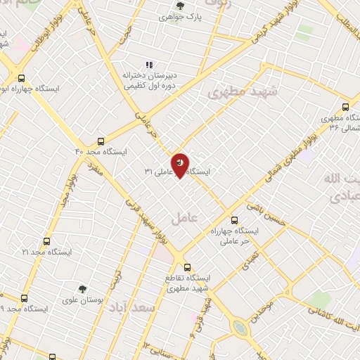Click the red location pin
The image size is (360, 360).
(x=181, y=164)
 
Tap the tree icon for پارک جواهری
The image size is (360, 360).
(x=180, y=6)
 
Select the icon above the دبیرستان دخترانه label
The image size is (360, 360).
(x=149, y=64)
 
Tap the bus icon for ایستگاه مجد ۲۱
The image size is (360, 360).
(x=47, y=241)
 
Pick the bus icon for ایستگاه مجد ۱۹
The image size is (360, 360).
(x=25, y=298)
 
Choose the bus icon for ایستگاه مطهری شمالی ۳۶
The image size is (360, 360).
(x=345, y=107)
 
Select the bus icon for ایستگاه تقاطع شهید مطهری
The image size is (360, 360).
(x=187, y=266)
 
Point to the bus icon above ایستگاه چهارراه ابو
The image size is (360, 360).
(x=21, y=79)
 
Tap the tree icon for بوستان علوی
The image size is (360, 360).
(x=82, y=289)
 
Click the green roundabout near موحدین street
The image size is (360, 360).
(x=240, y=328)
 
